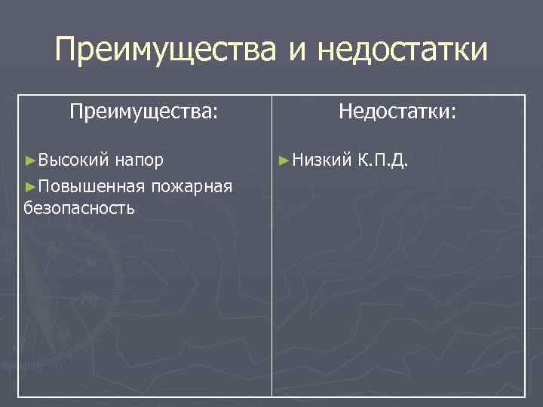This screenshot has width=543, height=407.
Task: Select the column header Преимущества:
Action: [144, 112]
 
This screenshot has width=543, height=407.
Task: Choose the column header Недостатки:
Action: [397, 112]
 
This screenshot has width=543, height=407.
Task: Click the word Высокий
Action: [75, 160]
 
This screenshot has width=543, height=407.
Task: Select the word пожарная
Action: [192, 185]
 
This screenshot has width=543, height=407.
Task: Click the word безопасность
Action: [79, 208]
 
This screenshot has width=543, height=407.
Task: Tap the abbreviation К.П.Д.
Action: [384, 160]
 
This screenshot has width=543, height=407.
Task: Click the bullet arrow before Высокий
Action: [30, 161]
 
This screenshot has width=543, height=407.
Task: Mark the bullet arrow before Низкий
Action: [284, 161]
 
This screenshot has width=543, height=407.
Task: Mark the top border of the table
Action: [271, 95]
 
